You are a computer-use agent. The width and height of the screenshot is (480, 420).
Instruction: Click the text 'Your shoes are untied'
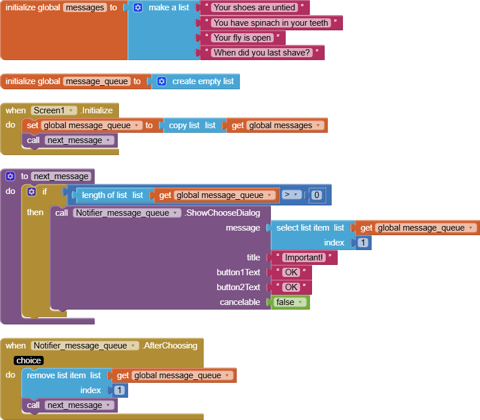click(254, 7)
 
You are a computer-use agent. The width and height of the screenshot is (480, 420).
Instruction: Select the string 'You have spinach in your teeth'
click(271, 23)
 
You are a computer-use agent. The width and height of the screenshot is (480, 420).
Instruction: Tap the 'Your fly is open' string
click(242, 38)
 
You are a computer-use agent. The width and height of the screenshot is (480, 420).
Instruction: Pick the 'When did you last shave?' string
click(262, 53)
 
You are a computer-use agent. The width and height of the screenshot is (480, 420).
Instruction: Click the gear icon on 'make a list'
click(138, 7)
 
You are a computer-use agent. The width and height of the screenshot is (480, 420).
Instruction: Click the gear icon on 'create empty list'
click(162, 81)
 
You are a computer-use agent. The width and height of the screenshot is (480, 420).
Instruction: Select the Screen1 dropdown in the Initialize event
click(54, 110)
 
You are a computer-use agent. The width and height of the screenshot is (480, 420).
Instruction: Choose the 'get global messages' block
click(277, 125)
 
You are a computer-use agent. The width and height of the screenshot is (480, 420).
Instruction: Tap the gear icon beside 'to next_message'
click(10, 176)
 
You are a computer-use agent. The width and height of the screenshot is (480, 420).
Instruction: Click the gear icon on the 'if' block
click(31, 192)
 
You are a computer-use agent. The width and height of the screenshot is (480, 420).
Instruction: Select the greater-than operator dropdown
click(291, 195)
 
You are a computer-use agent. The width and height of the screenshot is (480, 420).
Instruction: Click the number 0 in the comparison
click(317, 195)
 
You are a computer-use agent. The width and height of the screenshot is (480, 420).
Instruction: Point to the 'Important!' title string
click(303, 257)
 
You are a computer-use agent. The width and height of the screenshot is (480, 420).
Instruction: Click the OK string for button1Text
click(291, 272)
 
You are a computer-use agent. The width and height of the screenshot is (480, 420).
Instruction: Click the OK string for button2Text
click(291, 287)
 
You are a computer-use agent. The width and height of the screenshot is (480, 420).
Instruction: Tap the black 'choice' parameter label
click(29, 360)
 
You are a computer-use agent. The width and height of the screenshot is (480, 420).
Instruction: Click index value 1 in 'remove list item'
click(119, 390)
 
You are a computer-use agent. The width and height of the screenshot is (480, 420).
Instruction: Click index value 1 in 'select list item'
click(363, 243)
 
